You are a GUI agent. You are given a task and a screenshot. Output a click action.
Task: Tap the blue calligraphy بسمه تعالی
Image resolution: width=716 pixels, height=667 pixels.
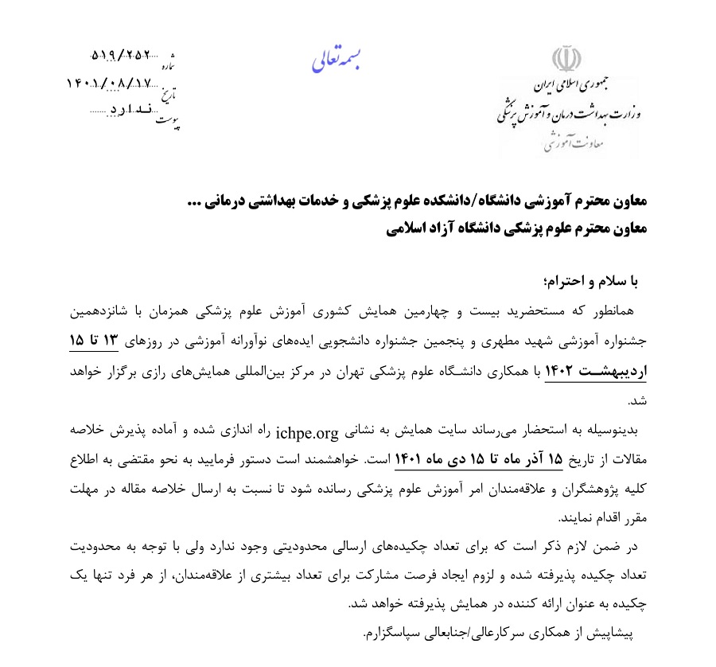[336, 62]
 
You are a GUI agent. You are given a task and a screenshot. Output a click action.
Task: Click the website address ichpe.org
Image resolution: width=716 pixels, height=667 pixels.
[306, 434]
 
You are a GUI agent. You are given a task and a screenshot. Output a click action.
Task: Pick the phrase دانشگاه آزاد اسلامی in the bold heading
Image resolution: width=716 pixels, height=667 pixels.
[451, 229]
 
